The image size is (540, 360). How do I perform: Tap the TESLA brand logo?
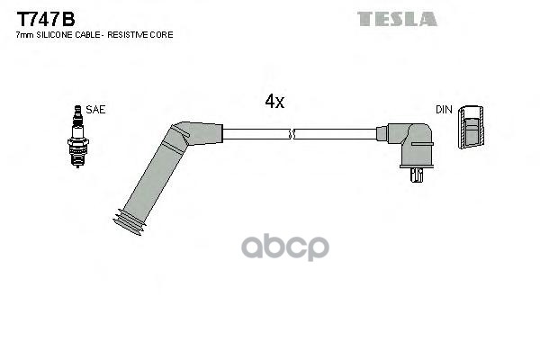(396, 18)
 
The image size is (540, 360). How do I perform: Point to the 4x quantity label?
(274, 103)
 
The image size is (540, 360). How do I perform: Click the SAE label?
(95, 109)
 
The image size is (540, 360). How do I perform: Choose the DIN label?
(444, 109)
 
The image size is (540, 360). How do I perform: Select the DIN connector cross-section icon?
(471, 130)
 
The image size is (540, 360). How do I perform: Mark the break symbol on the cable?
(292, 134)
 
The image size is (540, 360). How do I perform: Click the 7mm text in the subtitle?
(24, 34)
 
